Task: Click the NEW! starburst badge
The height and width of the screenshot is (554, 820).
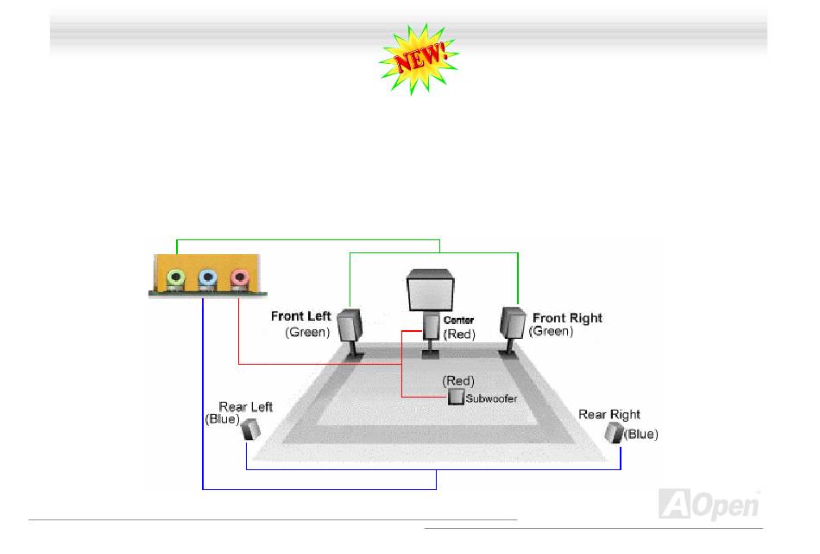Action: [x=419, y=58]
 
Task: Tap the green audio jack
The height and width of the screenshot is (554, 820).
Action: [x=176, y=278]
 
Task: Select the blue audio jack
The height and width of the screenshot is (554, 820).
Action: [x=207, y=278]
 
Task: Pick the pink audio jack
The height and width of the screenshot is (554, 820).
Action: [x=238, y=278]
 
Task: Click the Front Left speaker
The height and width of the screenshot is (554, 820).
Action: [x=350, y=327]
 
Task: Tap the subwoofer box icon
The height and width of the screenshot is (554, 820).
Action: [x=456, y=397]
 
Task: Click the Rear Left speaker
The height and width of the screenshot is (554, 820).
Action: [x=250, y=429]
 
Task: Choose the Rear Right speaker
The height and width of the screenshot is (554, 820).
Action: [x=614, y=431]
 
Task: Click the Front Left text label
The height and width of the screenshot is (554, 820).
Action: [x=300, y=317]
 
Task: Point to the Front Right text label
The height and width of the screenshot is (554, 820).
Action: [x=567, y=318]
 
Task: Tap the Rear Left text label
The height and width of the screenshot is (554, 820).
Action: [x=245, y=406]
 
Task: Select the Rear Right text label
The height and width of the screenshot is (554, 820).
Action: [x=609, y=415]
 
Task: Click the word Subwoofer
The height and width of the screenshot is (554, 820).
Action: [x=491, y=398]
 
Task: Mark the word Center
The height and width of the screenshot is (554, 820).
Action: [x=458, y=321]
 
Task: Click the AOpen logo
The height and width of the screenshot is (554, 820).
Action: [x=709, y=504]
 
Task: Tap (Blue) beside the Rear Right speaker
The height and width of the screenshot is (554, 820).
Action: [x=641, y=435]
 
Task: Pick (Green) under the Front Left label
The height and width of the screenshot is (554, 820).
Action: [x=308, y=333]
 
